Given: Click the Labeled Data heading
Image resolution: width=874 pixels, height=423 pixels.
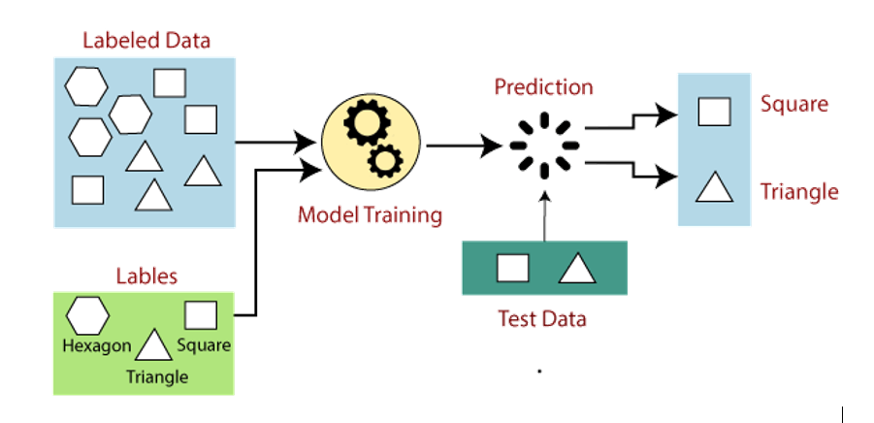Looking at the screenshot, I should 146,41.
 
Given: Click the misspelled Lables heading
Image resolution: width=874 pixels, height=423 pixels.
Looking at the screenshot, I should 146,277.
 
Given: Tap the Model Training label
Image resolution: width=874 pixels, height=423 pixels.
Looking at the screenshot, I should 370,214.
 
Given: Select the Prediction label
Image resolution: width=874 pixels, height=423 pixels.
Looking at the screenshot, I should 543,87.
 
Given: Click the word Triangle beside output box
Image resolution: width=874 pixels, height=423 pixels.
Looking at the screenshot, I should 798,191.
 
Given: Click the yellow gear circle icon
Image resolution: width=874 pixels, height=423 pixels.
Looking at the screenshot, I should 370,146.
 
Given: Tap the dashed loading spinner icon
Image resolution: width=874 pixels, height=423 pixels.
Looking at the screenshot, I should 543,146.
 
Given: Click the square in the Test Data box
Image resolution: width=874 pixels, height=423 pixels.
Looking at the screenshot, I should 512,268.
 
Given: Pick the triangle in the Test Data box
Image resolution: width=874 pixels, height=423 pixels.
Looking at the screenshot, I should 575,268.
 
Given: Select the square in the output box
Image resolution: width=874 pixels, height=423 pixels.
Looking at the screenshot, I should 714,112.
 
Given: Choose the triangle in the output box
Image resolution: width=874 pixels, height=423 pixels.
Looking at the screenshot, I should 714,187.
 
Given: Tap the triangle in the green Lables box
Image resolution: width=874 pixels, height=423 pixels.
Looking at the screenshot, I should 152,345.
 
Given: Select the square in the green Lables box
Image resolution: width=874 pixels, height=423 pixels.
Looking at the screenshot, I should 201,315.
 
